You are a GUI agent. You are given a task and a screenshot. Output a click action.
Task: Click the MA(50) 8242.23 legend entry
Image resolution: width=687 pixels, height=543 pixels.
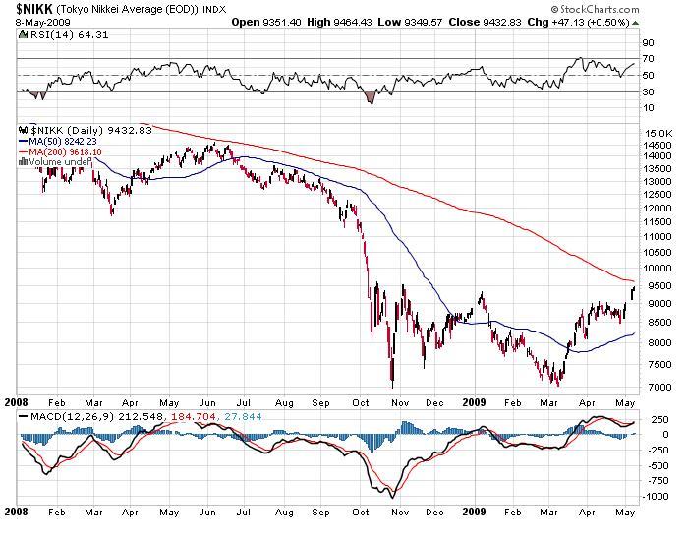[64, 141]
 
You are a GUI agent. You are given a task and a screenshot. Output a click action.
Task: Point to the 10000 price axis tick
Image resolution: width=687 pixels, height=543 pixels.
[657, 268]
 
